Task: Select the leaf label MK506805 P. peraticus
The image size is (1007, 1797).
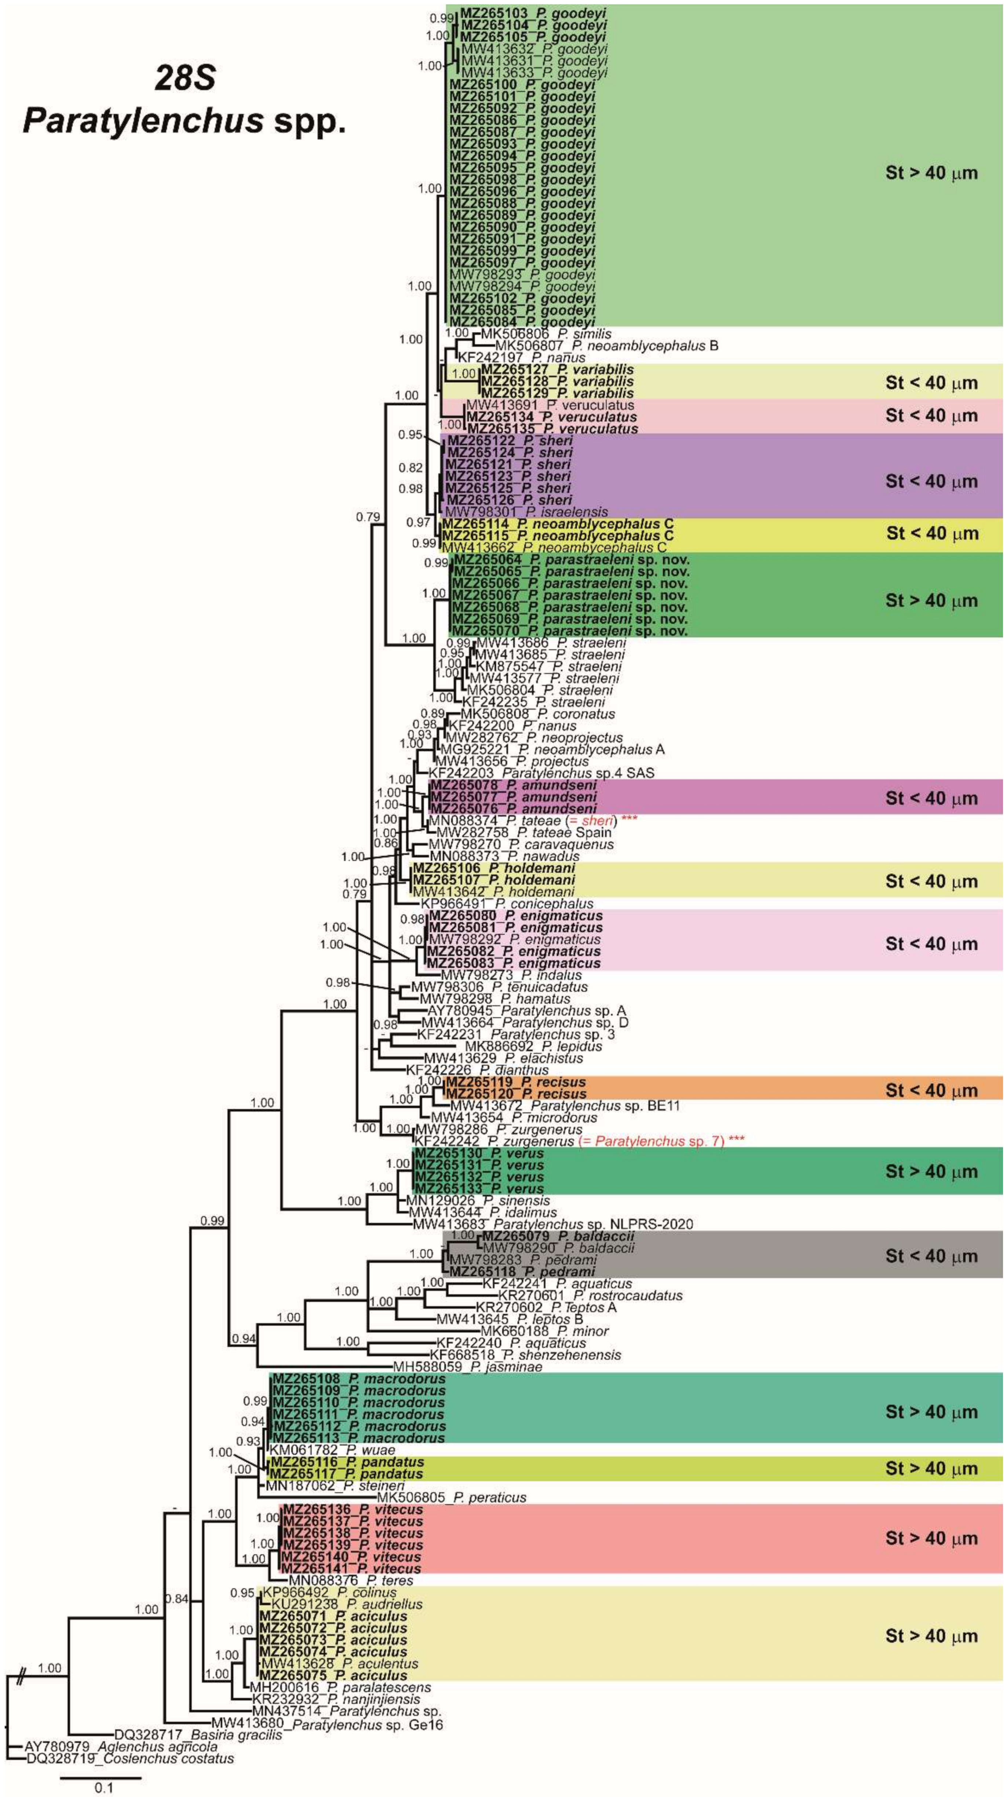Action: [x=452, y=1497]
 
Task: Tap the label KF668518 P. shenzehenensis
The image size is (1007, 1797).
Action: [x=528, y=1355]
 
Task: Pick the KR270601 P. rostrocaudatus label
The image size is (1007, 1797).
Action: [x=590, y=1295]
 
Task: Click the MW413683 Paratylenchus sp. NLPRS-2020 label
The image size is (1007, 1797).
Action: [x=553, y=1224]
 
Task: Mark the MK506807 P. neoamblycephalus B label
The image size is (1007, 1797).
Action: [x=606, y=345]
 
